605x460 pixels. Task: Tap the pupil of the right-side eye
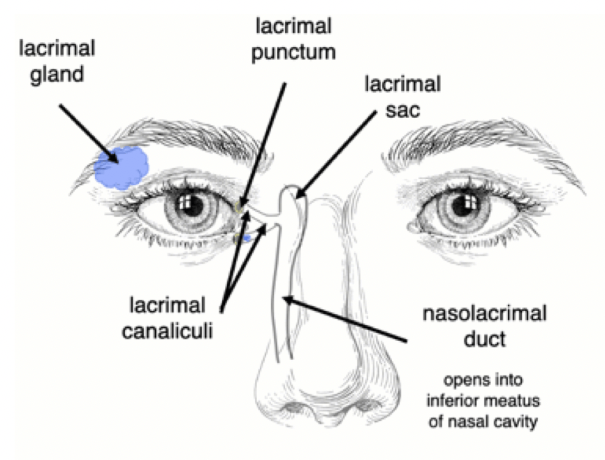(x=460, y=206)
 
